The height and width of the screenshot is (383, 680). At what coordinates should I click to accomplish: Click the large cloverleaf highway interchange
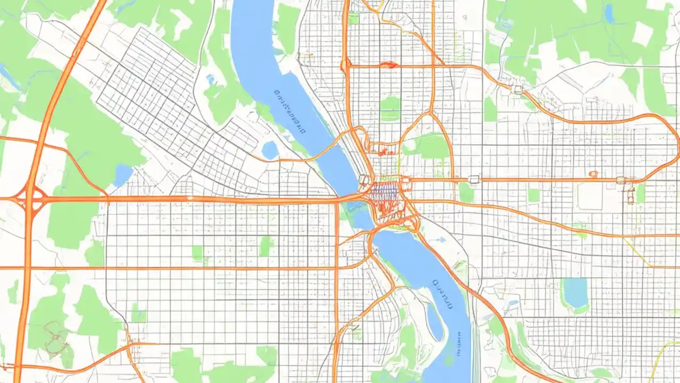point(31,199)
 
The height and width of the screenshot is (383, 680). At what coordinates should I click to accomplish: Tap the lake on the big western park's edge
point(123,174)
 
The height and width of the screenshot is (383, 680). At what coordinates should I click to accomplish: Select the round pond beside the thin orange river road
point(270,151)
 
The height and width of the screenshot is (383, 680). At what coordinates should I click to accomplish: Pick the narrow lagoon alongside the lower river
point(435,322)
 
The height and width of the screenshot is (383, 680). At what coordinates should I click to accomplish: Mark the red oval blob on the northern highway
point(388,65)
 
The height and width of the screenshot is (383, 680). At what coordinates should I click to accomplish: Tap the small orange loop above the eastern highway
point(593,174)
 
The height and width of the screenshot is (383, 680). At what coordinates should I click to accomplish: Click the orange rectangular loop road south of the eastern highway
point(631,195)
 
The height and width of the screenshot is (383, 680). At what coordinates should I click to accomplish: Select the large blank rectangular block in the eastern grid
point(590,197)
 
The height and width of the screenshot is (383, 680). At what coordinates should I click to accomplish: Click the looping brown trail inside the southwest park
point(56,338)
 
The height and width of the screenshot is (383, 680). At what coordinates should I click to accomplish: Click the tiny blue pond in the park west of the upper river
point(210,79)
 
